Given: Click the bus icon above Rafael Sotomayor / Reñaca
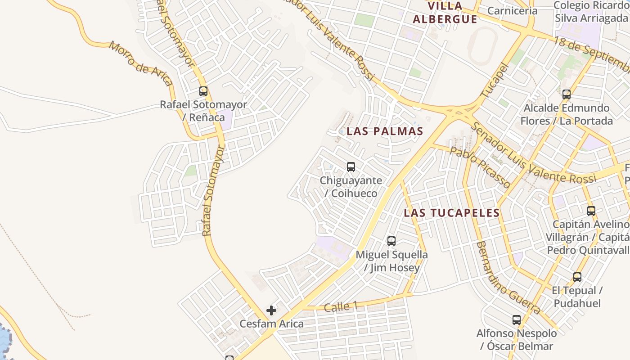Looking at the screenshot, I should pos(203,91).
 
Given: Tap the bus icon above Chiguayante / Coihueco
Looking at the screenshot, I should pos(351,167).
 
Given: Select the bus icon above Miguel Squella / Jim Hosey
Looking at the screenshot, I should pos(391,241).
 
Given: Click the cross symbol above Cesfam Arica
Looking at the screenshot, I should pos(271,310).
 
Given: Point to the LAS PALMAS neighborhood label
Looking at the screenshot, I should pos(385,131).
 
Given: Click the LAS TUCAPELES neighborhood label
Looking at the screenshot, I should pos(451,213).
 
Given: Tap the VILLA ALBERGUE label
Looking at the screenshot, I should pos(445,13).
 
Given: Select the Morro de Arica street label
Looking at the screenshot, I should pos(140,63).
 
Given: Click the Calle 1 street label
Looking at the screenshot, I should pos(341,307).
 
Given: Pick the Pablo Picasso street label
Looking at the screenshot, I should pos(480,167).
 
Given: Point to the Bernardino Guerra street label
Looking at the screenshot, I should pos(508,278).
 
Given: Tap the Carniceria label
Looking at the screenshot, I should pos(512,11).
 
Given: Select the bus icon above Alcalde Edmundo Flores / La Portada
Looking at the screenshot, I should pos(567,94).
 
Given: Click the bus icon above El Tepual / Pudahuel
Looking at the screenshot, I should pos(577,277).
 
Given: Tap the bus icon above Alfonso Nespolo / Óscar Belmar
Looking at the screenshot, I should pos(517,320).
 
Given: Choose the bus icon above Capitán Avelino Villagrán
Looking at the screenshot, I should pos(591,211).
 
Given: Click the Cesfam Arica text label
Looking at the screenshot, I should pos(271,324).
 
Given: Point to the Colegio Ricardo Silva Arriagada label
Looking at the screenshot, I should pos(590,12).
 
